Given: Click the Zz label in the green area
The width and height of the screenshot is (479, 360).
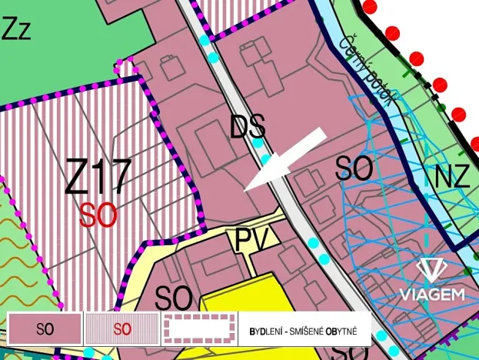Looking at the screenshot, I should (x=18, y=30).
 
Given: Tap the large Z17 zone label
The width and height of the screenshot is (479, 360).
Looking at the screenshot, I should (x=98, y=178).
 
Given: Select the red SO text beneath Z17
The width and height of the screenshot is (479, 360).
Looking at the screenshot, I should (x=98, y=215).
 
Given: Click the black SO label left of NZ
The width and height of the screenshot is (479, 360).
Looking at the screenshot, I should (x=354, y=168).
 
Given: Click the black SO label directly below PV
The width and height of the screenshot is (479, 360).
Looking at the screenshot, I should (x=174, y=296).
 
